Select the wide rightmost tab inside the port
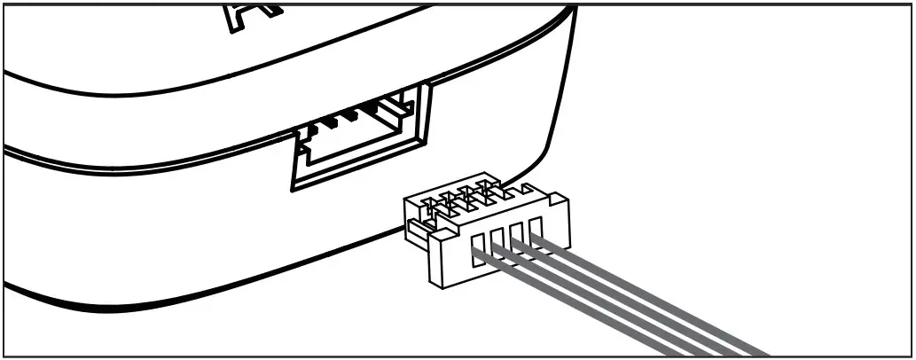pos(390,107)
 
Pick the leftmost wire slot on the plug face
pos(478,247)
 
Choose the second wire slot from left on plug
pos(497,241)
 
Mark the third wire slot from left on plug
pos(517,235)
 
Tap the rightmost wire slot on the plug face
pos(536,229)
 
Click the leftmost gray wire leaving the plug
pos(576,301)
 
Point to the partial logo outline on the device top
pos(235,16)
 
